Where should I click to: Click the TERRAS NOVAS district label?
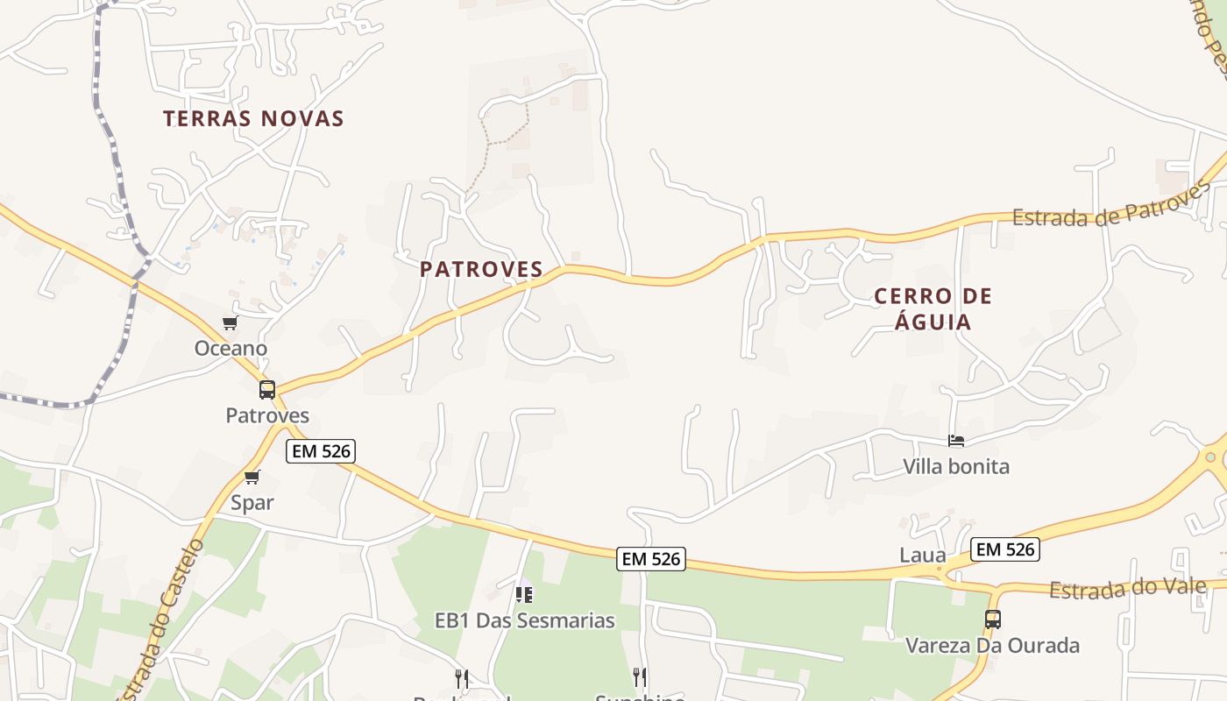pyautogui.click(x=253, y=118)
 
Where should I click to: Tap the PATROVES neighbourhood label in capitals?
pyautogui.click(x=481, y=269)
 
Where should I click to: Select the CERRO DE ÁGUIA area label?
pyautogui.click(x=933, y=308)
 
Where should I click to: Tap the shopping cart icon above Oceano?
pyautogui.click(x=230, y=323)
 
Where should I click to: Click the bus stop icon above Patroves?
pyautogui.click(x=267, y=390)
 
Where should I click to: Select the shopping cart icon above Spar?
pyautogui.click(x=252, y=478)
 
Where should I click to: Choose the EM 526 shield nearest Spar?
pyautogui.click(x=320, y=451)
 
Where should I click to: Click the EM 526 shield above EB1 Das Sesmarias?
pyautogui.click(x=650, y=558)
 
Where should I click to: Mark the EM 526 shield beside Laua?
pyautogui.click(x=1005, y=549)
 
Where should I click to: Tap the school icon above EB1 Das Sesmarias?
pyautogui.click(x=524, y=595)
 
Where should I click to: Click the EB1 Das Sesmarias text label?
pyautogui.click(x=524, y=620)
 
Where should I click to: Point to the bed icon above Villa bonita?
pyautogui.click(x=956, y=441)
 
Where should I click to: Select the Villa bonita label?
pyautogui.click(x=956, y=466)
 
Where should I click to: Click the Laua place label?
pyautogui.click(x=923, y=555)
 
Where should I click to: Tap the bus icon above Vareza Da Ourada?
pyautogui.click(x=992, y=620)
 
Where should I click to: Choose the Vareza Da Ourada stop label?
pyautogui.click(x=992, y=646)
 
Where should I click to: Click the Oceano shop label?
pyautogui.click(x=231, y=348)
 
